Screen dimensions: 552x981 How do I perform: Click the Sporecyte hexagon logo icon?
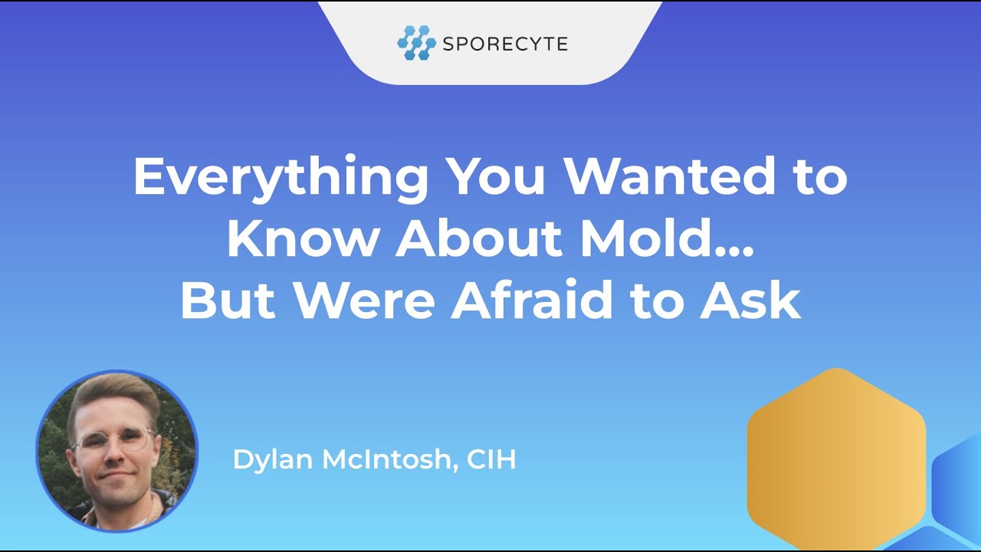(416, 43)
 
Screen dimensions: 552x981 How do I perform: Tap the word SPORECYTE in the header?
(505, 44)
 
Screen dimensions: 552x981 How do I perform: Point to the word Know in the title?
(303, 238)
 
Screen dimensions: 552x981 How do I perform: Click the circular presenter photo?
(116, 451)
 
